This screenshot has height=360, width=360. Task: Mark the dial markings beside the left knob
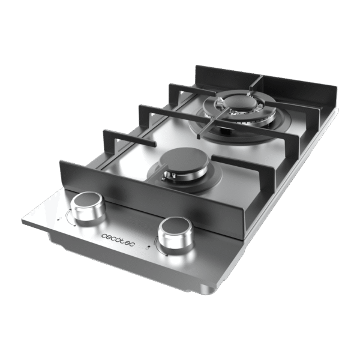[x=67, y=220]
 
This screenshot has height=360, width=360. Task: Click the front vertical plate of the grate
[x=150, y=195]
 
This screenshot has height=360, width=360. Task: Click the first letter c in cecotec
[x=103, y=237]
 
